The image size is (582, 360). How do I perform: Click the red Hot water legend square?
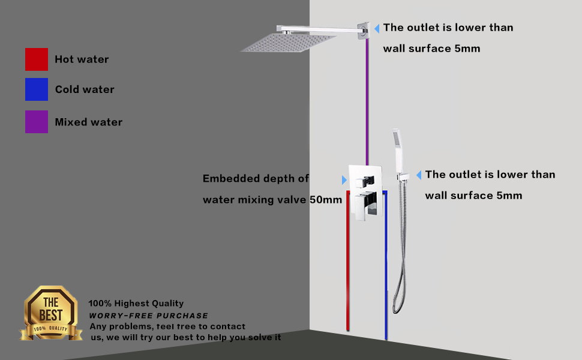pos(36,59)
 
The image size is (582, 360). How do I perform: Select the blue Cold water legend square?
pos(36,89)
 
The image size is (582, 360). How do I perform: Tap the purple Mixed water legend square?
pos(36,122)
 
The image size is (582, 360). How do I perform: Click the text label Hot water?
pos(82,59)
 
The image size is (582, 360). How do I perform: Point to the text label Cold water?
pos(85,89)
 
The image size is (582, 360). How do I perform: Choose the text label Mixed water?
pos(89,122)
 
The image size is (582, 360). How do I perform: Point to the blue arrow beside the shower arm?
pos(377,28)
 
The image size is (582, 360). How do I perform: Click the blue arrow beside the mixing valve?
pos(344,180)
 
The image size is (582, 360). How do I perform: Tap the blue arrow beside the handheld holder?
pos(419,175)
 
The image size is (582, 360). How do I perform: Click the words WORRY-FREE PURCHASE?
pos(149,316)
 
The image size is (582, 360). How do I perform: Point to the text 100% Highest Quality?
pos(136,304)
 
